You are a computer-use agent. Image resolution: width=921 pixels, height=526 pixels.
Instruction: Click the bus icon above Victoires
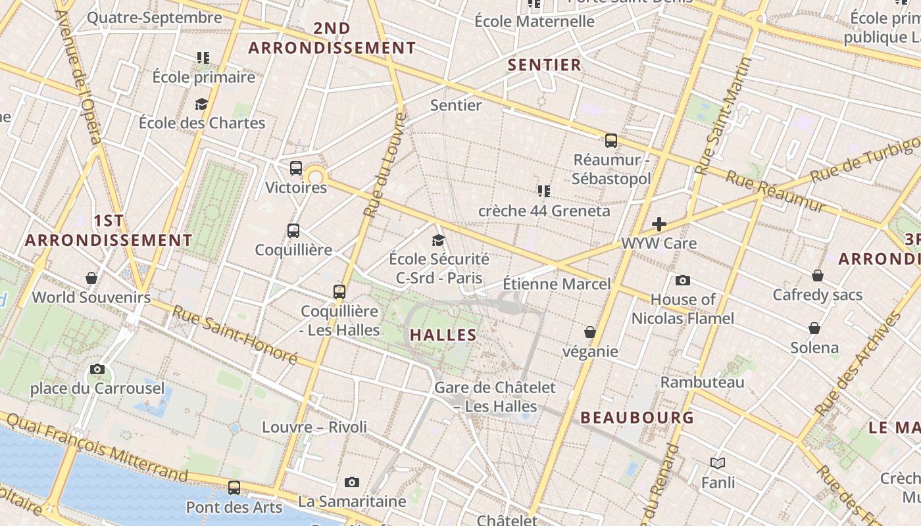296,168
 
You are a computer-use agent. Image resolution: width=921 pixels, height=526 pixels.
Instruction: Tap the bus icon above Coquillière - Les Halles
339,291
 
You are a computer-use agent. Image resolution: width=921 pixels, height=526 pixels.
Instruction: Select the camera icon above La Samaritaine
352,483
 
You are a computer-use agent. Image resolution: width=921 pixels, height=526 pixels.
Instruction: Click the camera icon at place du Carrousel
97,370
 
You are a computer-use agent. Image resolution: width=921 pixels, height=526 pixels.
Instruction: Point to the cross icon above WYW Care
659,224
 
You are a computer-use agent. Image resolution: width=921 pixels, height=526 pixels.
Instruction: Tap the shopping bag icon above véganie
590,332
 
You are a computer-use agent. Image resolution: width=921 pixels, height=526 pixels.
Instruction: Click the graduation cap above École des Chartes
201,104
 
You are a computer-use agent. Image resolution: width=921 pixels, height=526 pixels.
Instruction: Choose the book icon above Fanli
718,464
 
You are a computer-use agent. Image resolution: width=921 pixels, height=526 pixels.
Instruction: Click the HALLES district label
443,335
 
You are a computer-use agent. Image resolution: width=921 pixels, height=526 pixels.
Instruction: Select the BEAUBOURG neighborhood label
637,418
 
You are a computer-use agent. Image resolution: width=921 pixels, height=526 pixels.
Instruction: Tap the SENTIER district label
545,64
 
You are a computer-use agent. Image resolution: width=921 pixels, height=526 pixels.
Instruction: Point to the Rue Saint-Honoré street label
235,335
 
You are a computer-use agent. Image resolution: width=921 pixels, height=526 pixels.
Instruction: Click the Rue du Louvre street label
386,164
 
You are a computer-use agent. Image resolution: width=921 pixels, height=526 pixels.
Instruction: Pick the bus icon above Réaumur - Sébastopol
611,140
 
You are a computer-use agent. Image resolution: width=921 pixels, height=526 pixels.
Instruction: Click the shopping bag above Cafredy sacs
817,275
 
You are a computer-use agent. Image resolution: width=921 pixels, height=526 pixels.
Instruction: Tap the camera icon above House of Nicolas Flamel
683,281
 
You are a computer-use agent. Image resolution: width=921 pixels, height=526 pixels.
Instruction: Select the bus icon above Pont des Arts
234,488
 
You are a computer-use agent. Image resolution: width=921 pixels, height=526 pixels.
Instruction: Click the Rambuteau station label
703,382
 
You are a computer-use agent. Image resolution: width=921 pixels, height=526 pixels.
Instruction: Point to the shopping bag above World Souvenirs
91,278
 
